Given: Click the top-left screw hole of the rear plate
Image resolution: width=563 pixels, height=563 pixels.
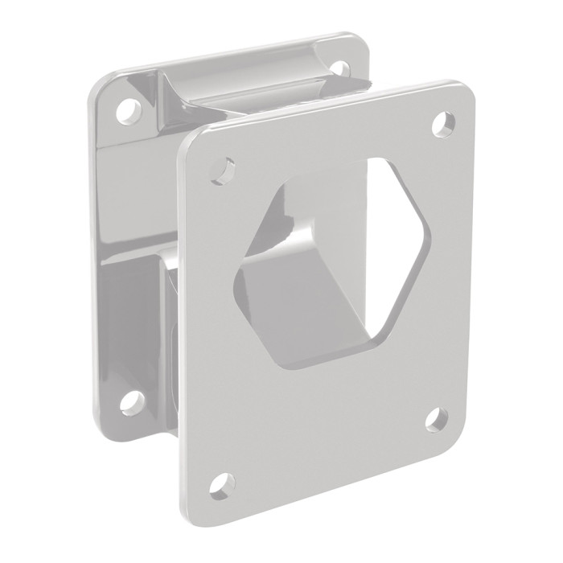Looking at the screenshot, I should tap(125, 107).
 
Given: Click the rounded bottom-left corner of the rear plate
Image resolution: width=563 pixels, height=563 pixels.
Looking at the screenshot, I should tap(102, 418).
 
